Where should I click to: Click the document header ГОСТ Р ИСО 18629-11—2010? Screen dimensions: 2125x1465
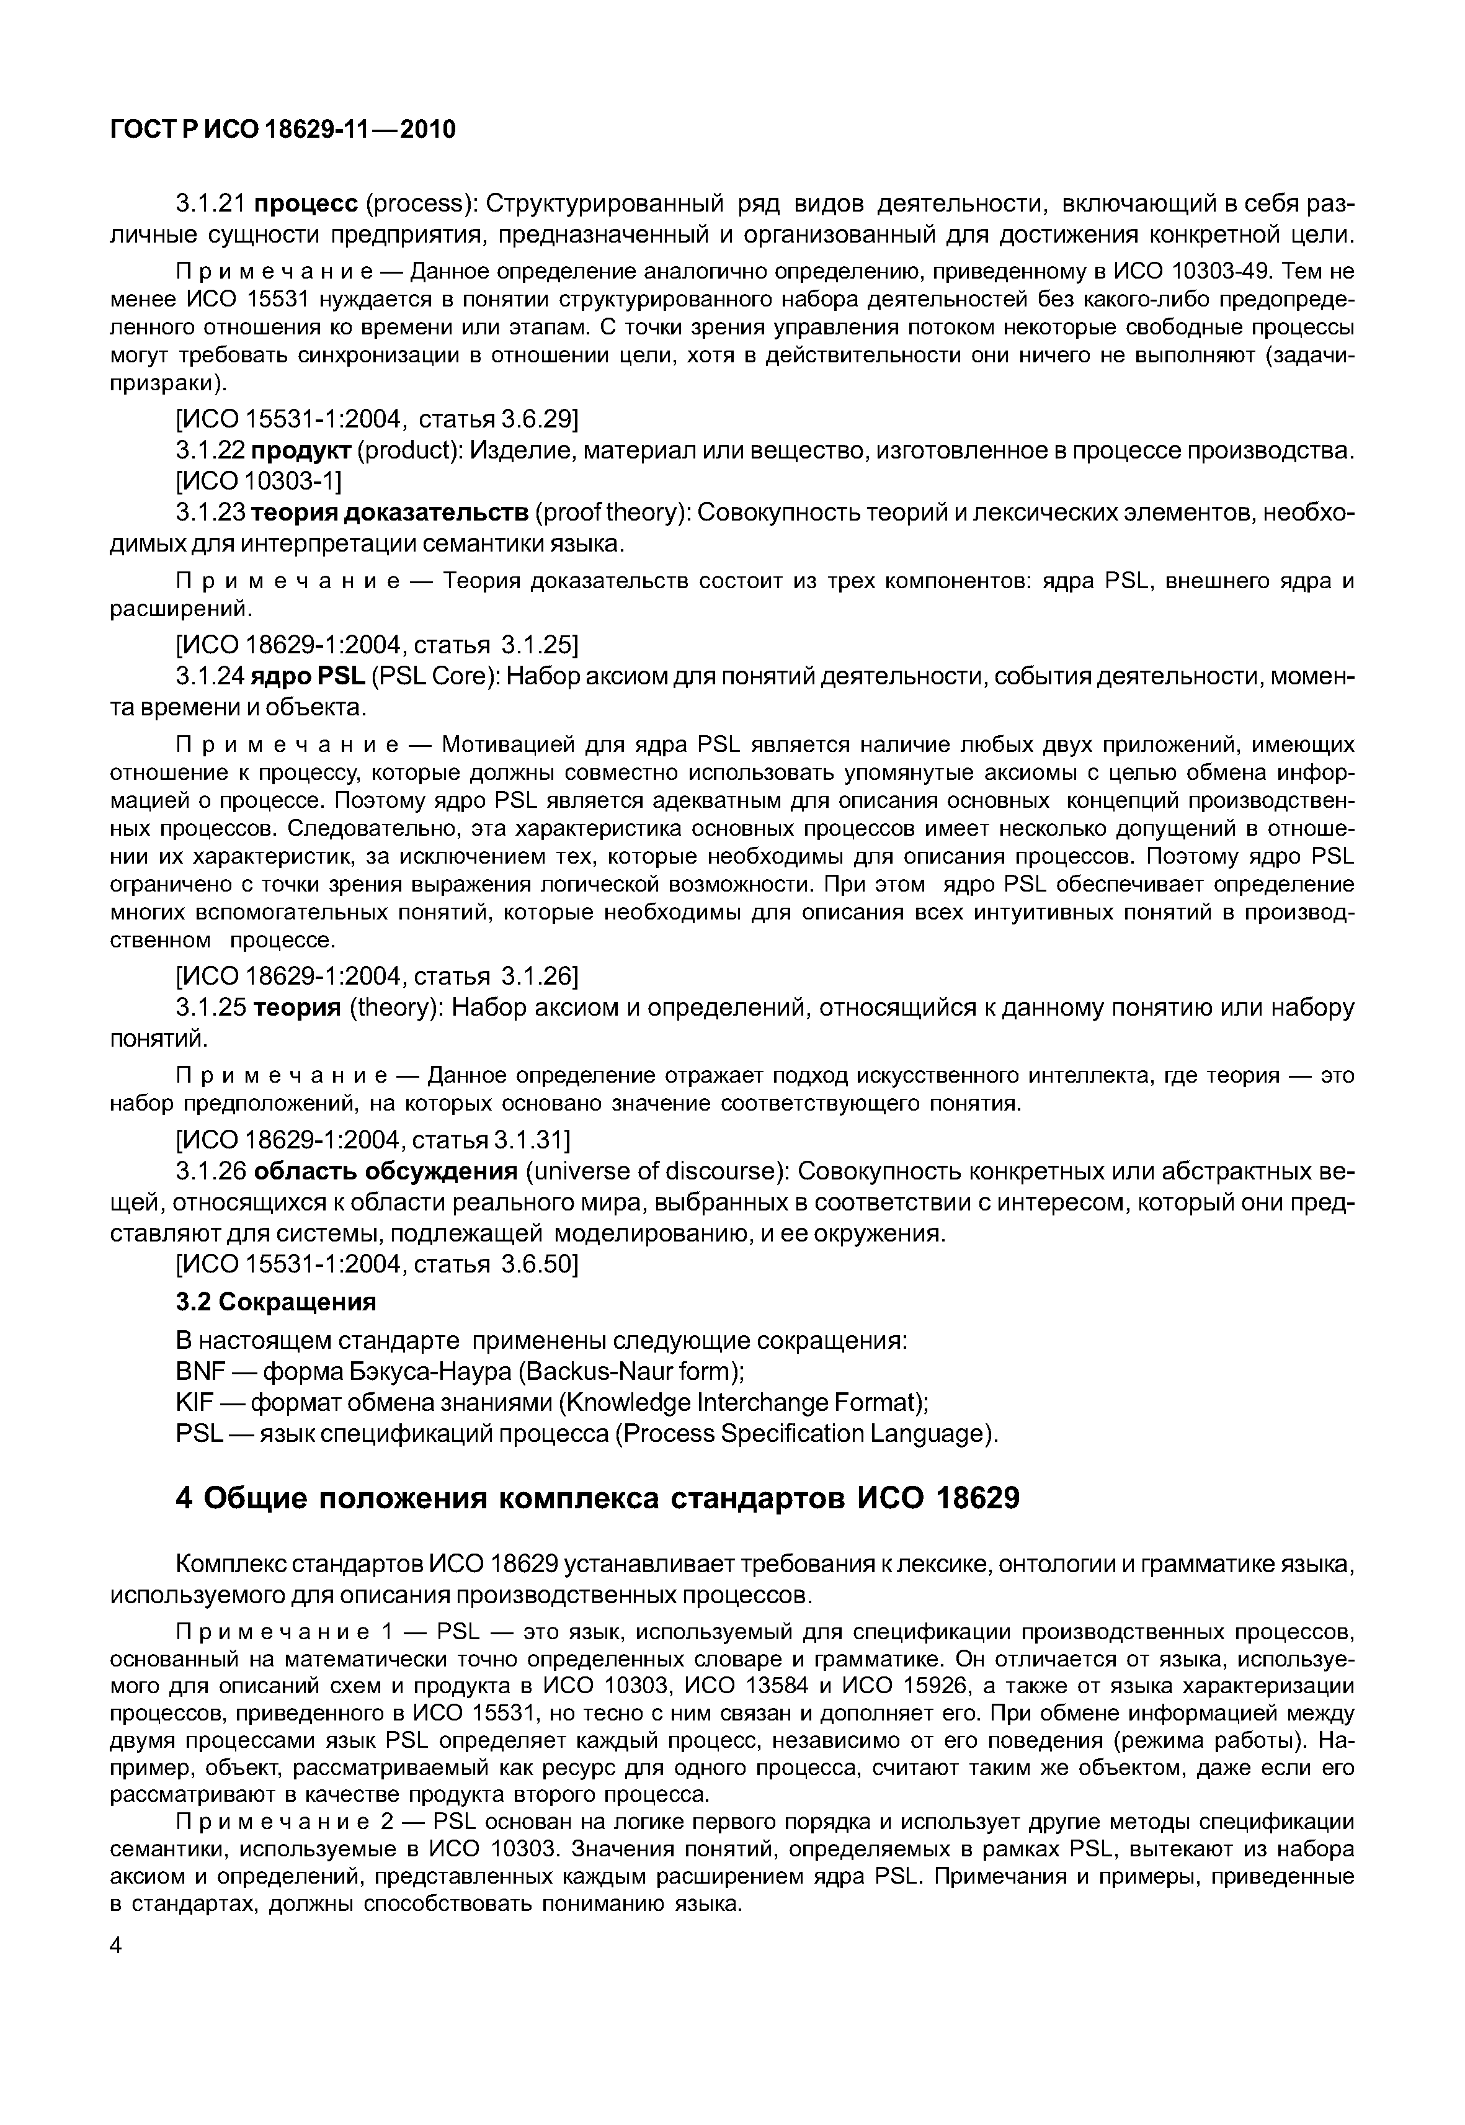[283, 130]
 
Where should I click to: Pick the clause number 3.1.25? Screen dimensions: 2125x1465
[211, 1008]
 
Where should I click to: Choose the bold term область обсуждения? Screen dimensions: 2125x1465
[386, 1172]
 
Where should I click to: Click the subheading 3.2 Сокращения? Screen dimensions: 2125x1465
[275, 1302]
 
